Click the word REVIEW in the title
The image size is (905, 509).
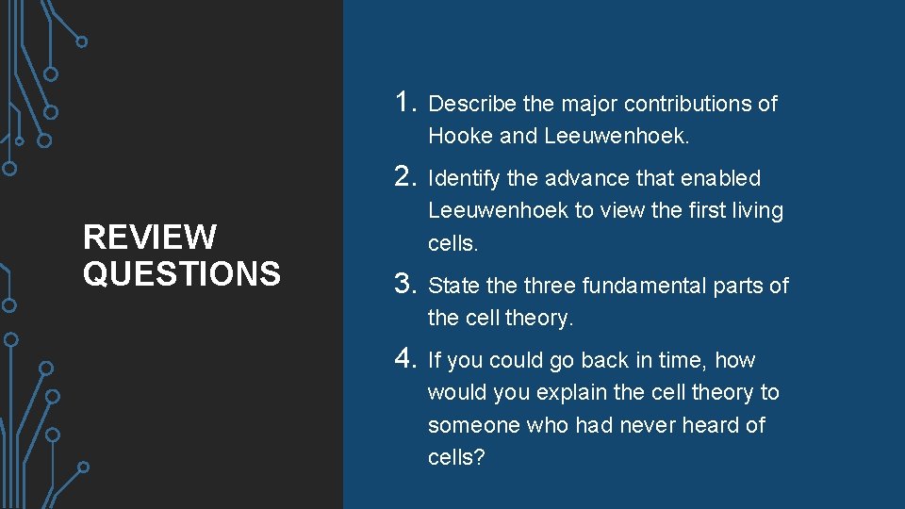pos(150,237)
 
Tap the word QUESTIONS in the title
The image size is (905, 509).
pos(181,273)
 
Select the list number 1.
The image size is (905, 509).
pos(405,101)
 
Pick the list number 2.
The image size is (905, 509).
pos(406,175)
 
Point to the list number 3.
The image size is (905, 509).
pos(406,283)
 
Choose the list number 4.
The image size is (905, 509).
pos(406,358)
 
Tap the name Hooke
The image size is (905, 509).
pos(460,136)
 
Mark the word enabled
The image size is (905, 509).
pos(719,178)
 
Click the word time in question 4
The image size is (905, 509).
pos(685,360)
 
